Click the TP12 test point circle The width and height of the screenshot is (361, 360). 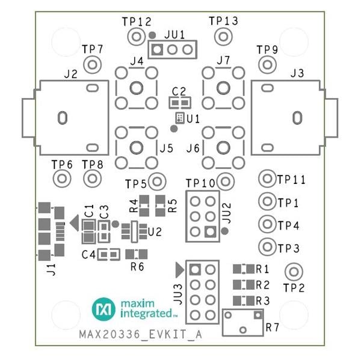pyautogui.click(x=134, y=37)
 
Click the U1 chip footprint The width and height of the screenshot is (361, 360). pyautogui.click(x=179, y=118)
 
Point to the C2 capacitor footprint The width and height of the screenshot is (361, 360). pyautogui.click(x=178, y=102)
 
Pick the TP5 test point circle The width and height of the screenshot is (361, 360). pyautogui.click(x=158, y=181)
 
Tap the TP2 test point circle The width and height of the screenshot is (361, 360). pyautogui.click(x=293, y=270)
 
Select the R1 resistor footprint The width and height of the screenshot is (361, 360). pyautogui.click(x=242, y=269)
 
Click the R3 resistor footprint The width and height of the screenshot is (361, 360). pyautogui.click(x=242, y=300)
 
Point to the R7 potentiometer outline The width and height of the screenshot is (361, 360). pyautogui.click(x=242, y=322)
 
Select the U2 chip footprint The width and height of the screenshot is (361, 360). pyautogui.click(x=134, y=231)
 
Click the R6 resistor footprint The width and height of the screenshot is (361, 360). pyautogui.click(x=137, y=254)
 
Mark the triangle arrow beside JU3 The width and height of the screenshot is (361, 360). pyautogui.click(x=179, y=268)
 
